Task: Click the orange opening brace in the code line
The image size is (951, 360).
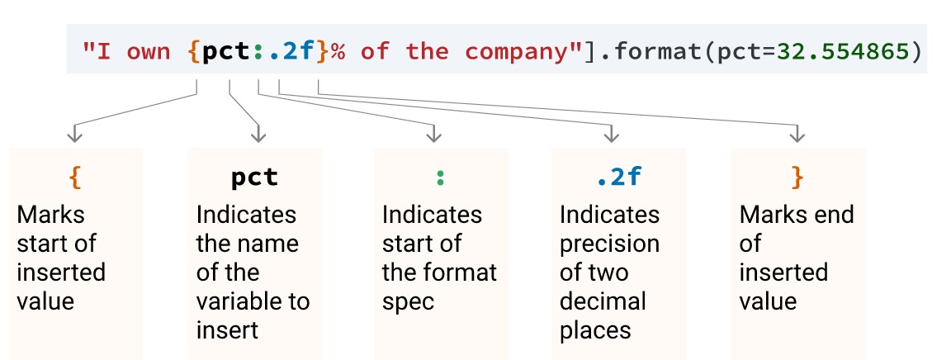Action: [193, 52]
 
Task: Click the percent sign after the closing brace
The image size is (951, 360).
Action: [338, 52]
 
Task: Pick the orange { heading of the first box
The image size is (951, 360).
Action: [76, 177]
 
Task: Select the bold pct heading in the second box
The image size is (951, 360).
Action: [254, 177]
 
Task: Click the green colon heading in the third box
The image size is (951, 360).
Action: [440, 177]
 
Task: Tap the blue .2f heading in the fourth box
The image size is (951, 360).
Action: [618, 177]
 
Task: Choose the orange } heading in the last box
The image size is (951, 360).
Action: [797, 177]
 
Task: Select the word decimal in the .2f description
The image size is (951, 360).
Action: [603, 301]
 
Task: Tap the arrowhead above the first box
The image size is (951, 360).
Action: [75, 133]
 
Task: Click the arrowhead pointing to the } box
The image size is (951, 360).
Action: [797, 133]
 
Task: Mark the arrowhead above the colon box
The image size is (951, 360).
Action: [432, 133]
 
